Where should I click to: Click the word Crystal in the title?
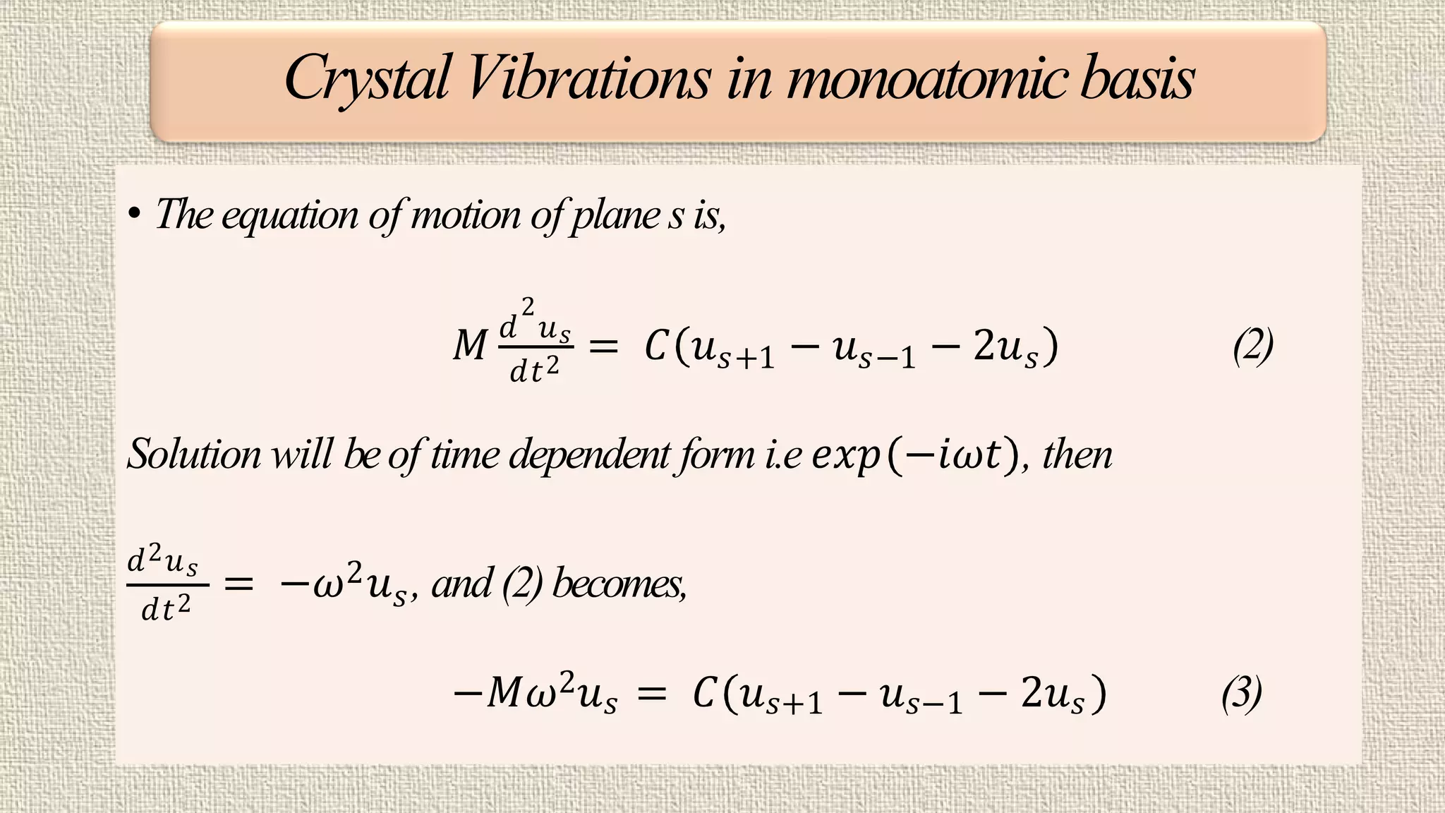click(x=367, y=79)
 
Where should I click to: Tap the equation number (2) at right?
click(x=1253, y=347)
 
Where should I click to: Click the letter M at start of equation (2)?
click(x=470, y=347)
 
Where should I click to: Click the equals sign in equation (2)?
click(x=603, y=347)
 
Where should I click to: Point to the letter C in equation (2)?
click(x=656, y=347)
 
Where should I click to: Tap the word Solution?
click(x=193, y=454)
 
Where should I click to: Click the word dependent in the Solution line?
click(x=589, y=454)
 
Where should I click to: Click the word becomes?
click(x=619, y=584)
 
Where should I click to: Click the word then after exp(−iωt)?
click(x=1077, y=454)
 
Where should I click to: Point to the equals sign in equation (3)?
click(x=651, y=694)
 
